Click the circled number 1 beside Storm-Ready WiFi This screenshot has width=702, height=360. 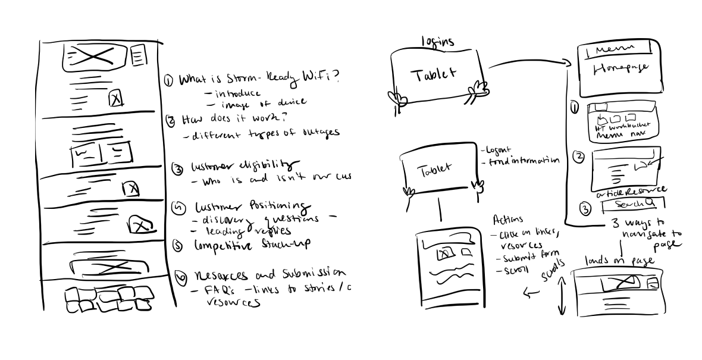pyautogui.click(x=168, y=80)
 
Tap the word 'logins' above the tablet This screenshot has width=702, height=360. pyautogui.click(x=437, y=42)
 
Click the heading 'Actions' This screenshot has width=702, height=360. pyautogui.click(x=507, y=220)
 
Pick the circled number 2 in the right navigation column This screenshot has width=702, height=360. pyautogui.click(x=576, y=158)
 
